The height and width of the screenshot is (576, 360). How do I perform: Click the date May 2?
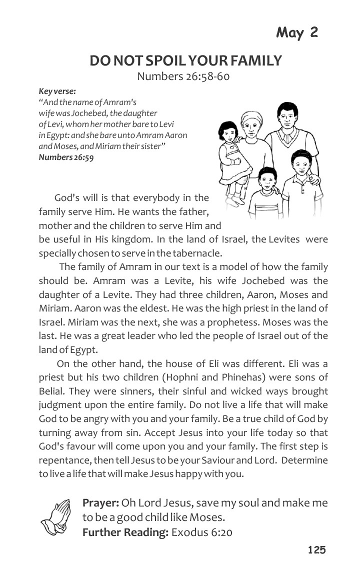[x=297, y=33]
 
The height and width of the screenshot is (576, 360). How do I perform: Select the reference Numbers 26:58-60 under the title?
[x=183, y=76]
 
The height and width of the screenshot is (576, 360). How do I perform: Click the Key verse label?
[x=57, y=91]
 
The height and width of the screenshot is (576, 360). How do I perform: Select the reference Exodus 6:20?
[x=201, y=532]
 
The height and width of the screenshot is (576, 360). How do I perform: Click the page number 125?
[x=316, y=550]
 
